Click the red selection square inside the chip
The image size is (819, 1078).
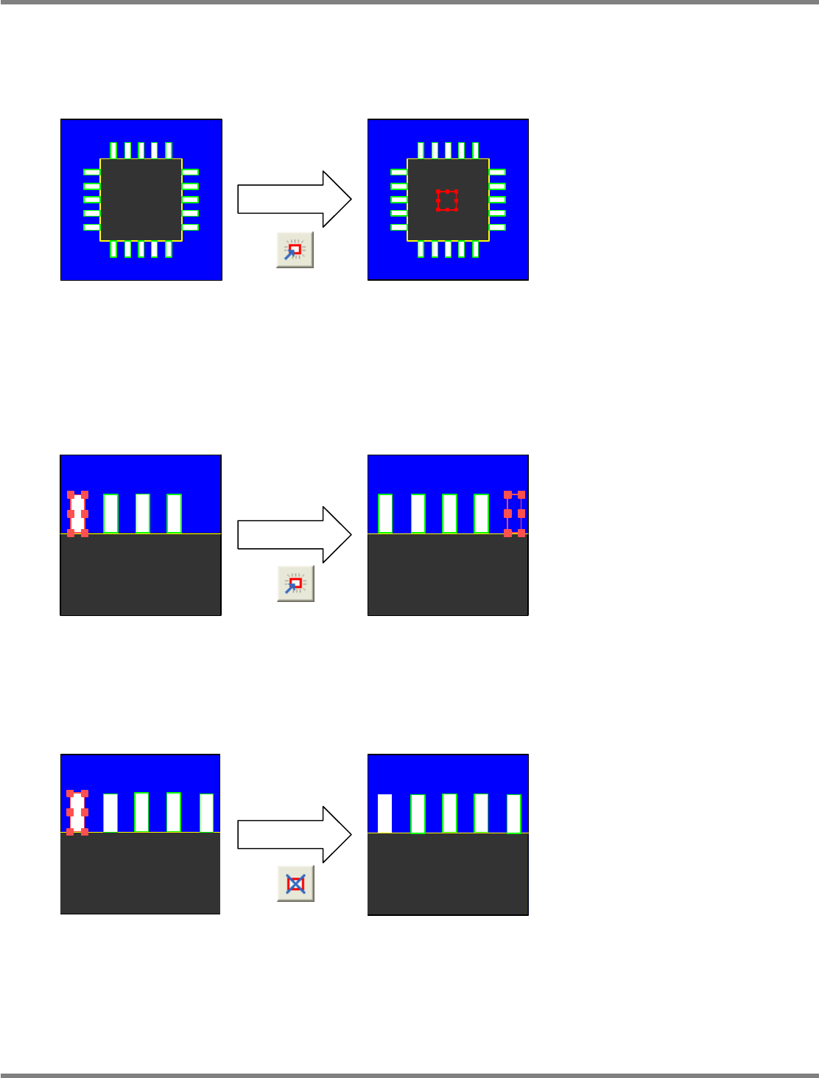point(447,200)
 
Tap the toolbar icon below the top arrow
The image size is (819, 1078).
point(295,250)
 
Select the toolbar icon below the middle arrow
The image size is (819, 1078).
point(295,584)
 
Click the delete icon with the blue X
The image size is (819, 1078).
point(295,883)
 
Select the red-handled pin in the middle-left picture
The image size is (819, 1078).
point(77,513)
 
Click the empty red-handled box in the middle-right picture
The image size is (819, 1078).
point(515,514)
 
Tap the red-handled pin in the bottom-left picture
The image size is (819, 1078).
point(77,812)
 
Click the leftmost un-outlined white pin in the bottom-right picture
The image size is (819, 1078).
point(384,813)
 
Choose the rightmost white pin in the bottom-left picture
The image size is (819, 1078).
point(206,813)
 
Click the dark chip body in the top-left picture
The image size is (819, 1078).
point(141,200)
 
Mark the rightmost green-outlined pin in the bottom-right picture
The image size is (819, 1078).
point(514,813)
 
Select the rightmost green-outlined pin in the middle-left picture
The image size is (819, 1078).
point(174,513)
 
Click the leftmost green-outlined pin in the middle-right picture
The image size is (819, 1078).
point(385,513)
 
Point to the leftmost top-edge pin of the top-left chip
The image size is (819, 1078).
point(113,150)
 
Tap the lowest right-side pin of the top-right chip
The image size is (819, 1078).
point(497,227)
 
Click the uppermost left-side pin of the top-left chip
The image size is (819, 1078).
point(91,172)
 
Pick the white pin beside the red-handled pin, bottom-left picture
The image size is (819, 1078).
point(110,813)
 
